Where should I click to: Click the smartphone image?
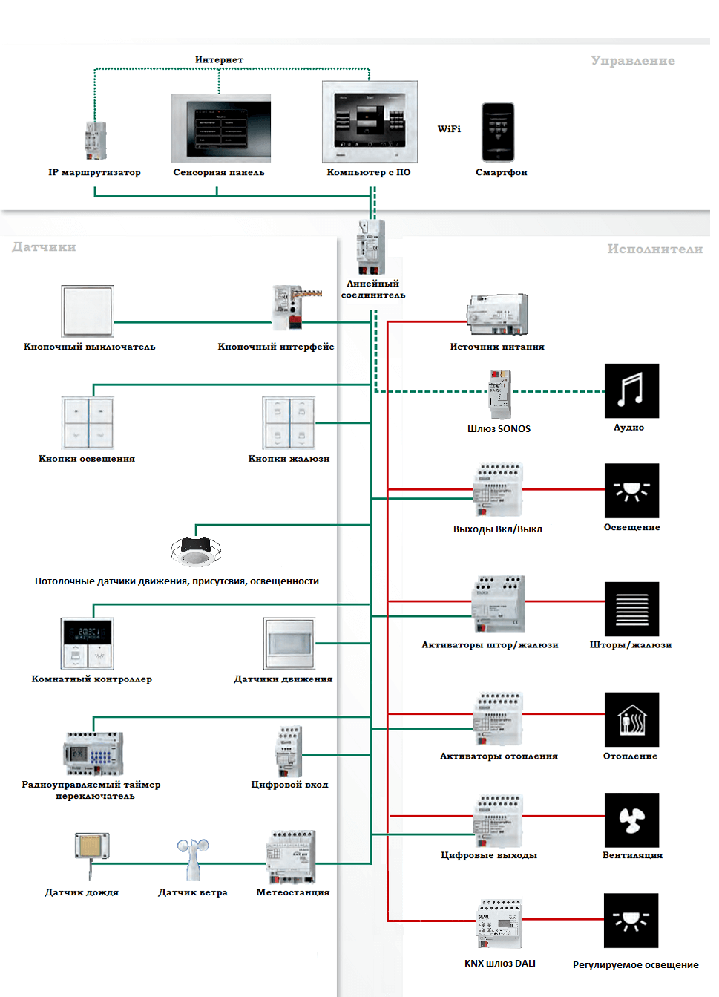tap(498, 132)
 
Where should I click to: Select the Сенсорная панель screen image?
tap(220, 128)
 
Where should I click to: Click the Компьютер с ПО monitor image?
tap(370, 122)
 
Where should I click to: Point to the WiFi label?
tap(449, 129)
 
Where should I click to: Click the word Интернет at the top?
tap(219, 60)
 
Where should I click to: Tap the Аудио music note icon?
tap(631, 390)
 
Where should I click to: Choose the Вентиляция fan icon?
tap(631, 820)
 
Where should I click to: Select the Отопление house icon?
tap(631, 719)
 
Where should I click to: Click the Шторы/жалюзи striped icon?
tap(631, 609)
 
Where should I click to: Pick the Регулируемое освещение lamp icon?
tap(631, 921)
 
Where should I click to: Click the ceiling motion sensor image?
tap(196, 551)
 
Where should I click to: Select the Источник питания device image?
tap(498, 315)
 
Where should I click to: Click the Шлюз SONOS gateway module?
tap(499, 394)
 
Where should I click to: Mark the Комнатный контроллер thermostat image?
tap(88, 644)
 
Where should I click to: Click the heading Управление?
tap(632, 61)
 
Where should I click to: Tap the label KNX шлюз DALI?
tap(499, 964)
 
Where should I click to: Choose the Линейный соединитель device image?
tap(371, 248)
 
